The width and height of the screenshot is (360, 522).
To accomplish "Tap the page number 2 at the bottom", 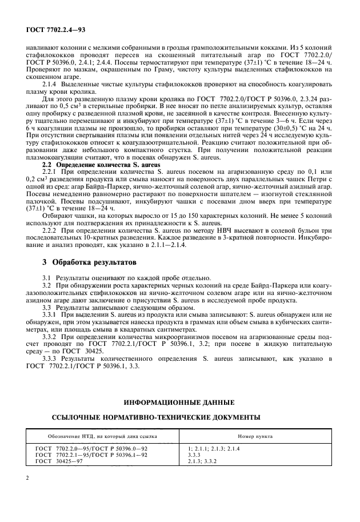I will click(x=27, y=476).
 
